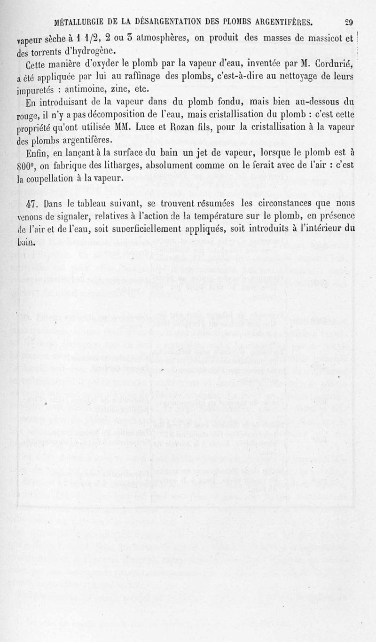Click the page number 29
(349, 22)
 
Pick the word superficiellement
(154, 230)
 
